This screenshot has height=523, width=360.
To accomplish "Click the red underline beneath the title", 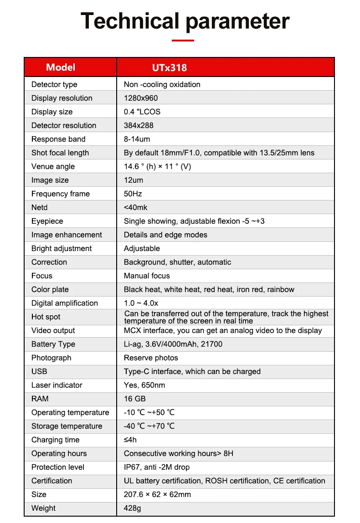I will (183, 41).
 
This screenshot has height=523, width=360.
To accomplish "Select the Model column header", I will (61, 67).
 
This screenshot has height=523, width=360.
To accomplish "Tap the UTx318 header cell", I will (169, 68).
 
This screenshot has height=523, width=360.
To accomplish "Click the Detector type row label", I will (54, 84).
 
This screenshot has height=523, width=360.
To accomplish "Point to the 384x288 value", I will (139, 125).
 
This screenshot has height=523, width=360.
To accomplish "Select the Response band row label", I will (58, 139).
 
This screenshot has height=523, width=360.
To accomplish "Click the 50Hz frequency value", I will (133, 194).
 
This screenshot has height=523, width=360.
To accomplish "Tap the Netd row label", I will (40, 207).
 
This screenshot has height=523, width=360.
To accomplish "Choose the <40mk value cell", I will (136, 207).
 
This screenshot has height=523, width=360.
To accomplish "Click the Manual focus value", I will (147, 276).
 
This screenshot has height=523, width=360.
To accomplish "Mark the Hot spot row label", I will (46, 317).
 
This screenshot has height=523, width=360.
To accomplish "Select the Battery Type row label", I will (53, 344).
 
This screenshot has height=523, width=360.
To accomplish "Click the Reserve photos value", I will (151, 358).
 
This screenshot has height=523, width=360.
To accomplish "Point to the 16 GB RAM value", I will (135, 399).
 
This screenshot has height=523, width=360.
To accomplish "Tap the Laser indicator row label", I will (57, 385).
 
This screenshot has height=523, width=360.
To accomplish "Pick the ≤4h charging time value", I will (130, 440).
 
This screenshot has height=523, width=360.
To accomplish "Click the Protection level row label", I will (58, 467).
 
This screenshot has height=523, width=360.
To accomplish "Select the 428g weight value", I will (132, 508).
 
